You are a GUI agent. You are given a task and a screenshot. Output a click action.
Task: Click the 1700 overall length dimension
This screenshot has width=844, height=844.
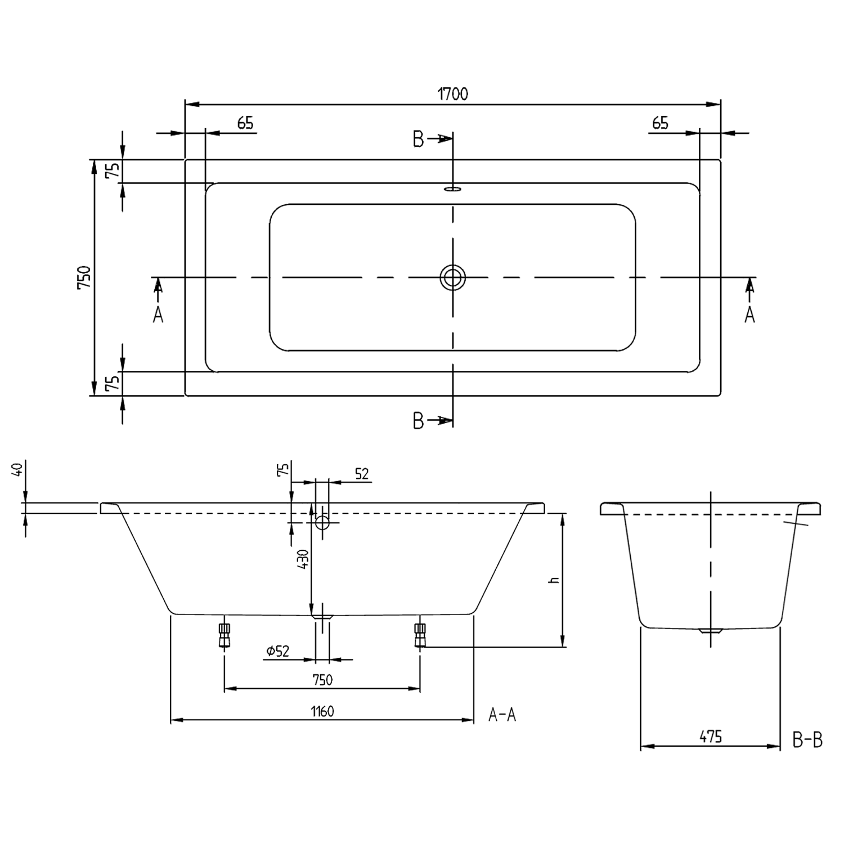[453, 94]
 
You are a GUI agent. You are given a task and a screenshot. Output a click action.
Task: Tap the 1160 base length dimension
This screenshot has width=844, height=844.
[322, 711]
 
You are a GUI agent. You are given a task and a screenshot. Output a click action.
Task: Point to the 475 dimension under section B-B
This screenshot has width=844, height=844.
[711, 736]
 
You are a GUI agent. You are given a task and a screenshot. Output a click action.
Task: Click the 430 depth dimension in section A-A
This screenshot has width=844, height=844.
[303, 560]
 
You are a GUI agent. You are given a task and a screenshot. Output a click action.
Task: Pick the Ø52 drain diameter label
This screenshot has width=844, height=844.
[278, 651]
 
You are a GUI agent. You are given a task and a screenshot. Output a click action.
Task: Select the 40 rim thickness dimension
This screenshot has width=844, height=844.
[17, 469]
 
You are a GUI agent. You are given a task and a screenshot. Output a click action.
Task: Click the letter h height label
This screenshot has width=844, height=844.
[554, 580]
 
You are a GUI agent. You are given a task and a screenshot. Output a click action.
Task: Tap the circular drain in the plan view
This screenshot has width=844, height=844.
[452, 277]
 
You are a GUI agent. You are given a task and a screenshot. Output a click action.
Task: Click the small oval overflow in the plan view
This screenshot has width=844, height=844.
[452, 189]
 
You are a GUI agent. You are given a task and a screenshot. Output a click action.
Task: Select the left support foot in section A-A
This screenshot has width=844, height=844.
[225, 635]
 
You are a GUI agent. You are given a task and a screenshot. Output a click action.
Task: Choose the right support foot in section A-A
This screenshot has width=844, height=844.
[420, 635]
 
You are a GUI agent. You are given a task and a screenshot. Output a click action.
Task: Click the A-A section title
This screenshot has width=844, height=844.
[502, 715]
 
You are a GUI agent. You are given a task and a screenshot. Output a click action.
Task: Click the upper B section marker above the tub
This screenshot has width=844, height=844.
[418, 139]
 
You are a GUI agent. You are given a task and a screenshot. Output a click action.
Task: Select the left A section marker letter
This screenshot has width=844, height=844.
[158, 315]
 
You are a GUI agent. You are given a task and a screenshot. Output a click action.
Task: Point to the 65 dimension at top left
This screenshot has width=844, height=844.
[245, 123]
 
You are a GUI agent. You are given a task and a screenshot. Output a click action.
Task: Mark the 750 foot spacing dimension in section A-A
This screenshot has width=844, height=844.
[322, 680]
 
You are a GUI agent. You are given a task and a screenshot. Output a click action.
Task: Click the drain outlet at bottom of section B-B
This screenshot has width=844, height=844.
[710, 631]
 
